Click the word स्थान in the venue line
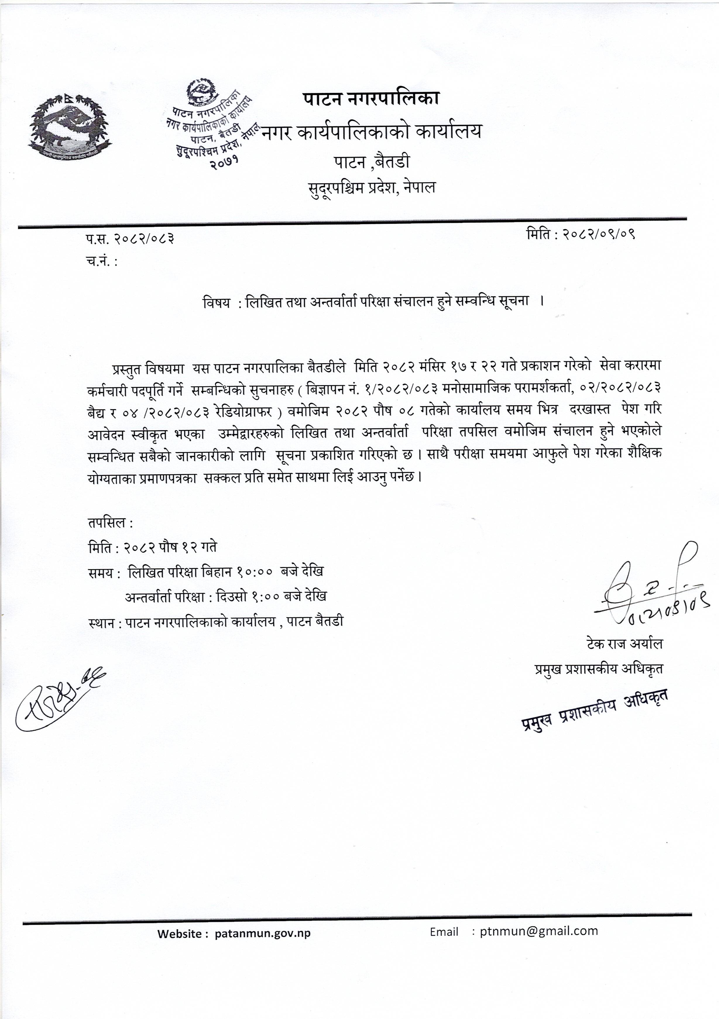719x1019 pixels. [102, 621]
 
